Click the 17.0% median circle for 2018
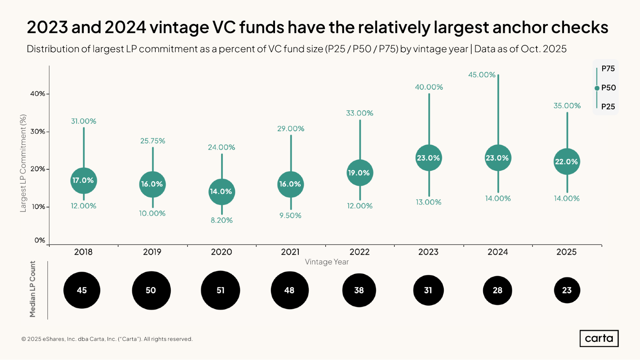(x=83, y=180)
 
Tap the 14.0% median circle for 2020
(x=221, y=192)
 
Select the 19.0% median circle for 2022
(x=360, y=173)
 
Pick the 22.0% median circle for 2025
(x=566, y=162)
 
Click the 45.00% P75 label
(x=482, y=75)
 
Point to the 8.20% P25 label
(x=222, y=220)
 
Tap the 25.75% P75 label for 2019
(x=153, y=141)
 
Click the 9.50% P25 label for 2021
(x=290, y=215)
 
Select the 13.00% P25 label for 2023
(x=428, y=202)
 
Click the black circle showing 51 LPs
(x=220, y=290)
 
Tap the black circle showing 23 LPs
(x=567, y=290)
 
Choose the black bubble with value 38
(x=359, y=290)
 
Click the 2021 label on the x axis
(x=290, y=252)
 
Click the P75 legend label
(x=608, y=68)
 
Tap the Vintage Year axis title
(x=327, y=262)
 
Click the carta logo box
(x=599, y=338)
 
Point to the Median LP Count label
(x=33, y=289)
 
